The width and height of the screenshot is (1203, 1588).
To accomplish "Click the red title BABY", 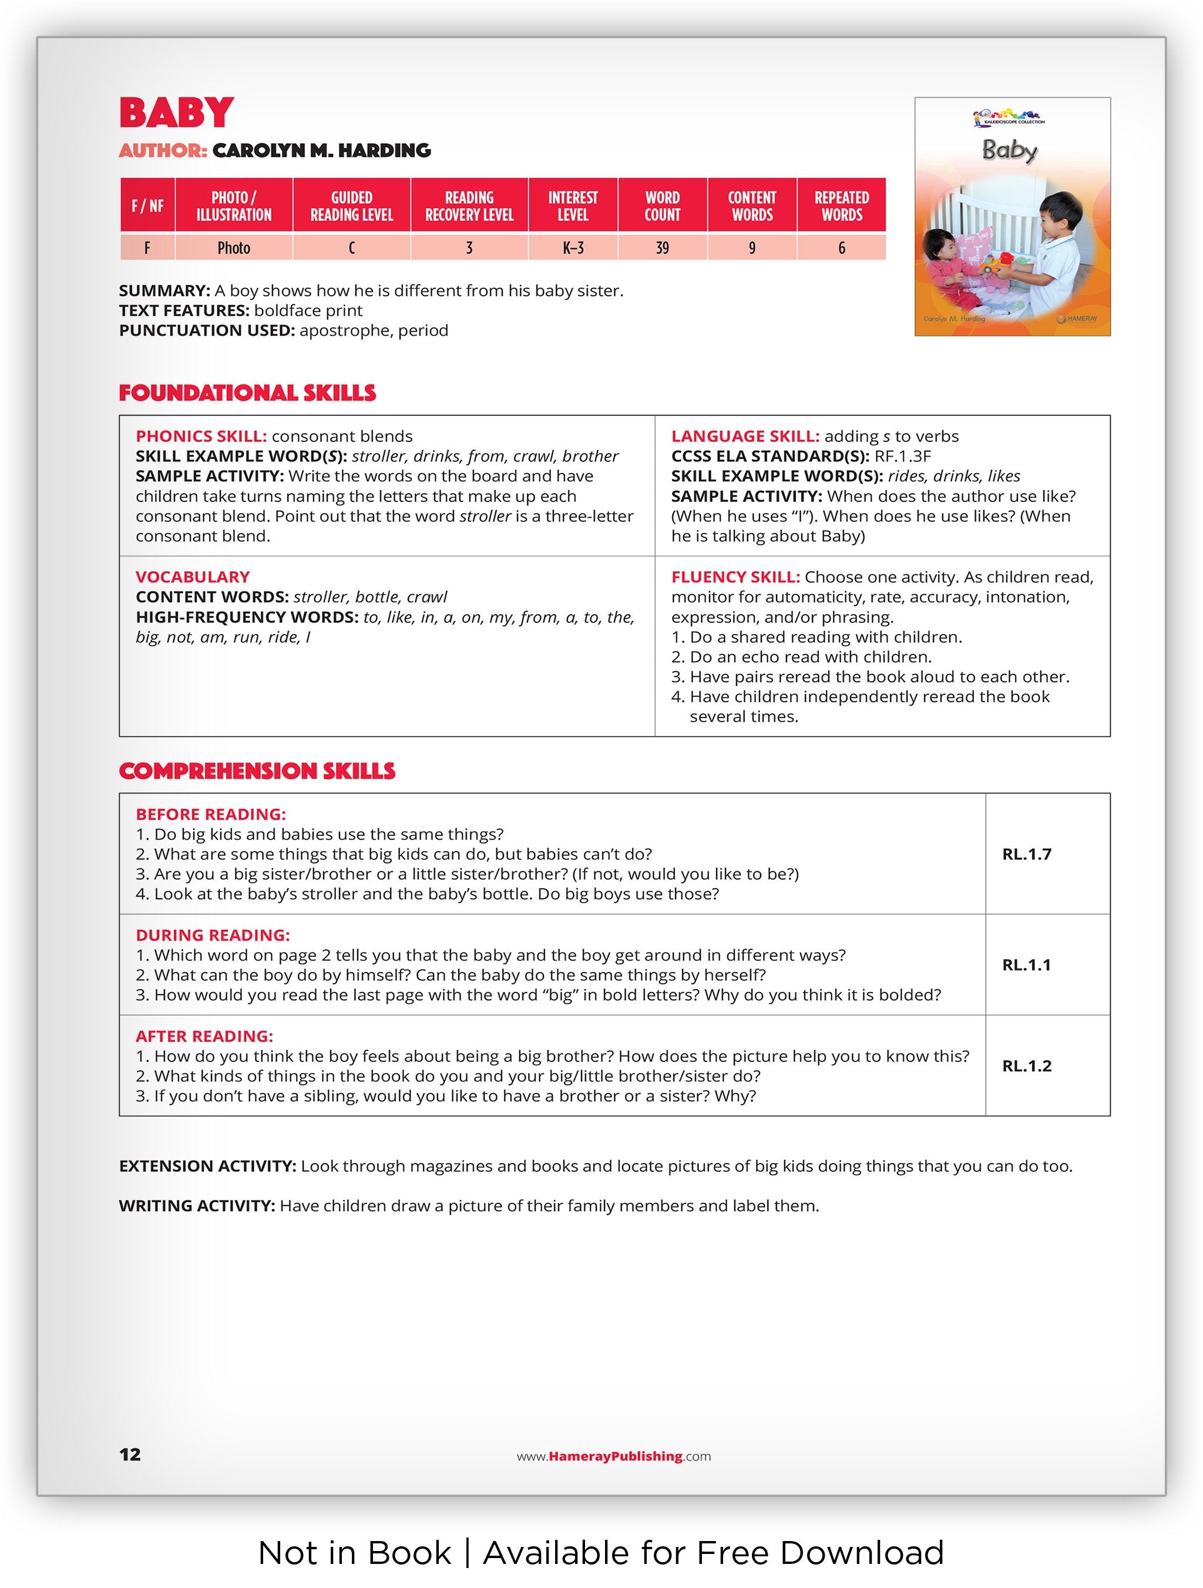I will (176, 113).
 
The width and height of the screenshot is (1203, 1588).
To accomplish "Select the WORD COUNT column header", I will (661, 206).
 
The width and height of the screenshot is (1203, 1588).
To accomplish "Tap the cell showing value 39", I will (661, 248).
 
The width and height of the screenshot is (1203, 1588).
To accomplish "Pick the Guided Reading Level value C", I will (351, 248).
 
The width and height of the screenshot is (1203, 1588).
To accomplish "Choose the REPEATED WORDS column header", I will (841, 206).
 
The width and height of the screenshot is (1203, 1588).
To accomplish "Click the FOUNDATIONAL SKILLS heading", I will (247, 393).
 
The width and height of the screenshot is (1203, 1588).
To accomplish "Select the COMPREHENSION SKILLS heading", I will (257, 771).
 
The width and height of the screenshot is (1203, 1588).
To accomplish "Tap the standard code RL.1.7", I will (1026, 854).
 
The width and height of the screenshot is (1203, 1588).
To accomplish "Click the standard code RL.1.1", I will (1026, 965).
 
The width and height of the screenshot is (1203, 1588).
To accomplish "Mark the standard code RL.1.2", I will (1026, 1066).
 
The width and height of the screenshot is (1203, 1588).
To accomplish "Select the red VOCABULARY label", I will (193, 576).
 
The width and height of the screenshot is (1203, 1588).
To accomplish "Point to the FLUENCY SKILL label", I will (735, 576).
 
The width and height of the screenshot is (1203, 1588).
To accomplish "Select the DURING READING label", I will (213, 935).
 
